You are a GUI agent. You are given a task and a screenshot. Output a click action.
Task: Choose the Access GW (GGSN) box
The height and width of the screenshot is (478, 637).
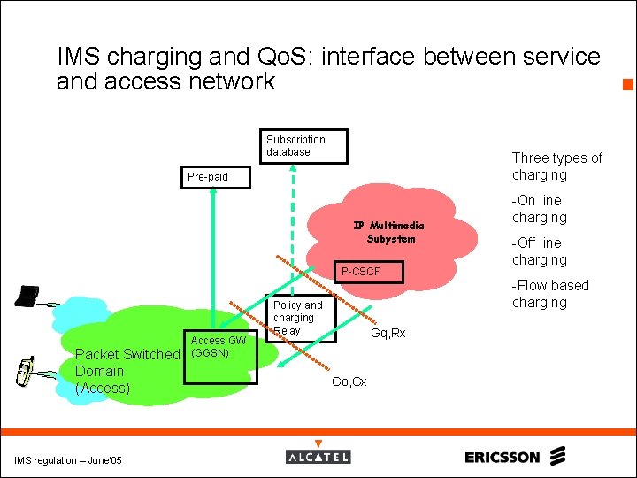(x=219, y=358)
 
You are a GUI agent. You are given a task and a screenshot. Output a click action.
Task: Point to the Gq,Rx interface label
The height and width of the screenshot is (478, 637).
(x=388, y=334)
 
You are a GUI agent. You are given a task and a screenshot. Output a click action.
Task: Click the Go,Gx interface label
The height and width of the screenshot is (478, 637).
(x=349, y=382)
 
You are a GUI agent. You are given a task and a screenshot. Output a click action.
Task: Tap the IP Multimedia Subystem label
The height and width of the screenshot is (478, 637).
(x=390, y=232)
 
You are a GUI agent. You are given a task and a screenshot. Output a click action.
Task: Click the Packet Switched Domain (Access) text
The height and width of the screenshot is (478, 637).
(x=127, y=371)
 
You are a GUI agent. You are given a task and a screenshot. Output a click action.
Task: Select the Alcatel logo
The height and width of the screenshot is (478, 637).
(x=318, y=457)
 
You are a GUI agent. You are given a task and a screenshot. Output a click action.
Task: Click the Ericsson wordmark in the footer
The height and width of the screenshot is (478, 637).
(x=502, y=458)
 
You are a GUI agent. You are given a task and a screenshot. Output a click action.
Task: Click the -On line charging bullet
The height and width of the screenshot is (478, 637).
(x=539, y=209)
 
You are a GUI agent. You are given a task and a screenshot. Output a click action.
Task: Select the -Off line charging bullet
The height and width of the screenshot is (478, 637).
(x=539, y=251)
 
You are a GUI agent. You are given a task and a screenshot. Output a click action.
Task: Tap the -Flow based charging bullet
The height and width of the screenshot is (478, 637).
(x=549, y=294)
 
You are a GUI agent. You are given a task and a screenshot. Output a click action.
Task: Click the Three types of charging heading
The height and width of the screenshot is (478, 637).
(x=556, y=166)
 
